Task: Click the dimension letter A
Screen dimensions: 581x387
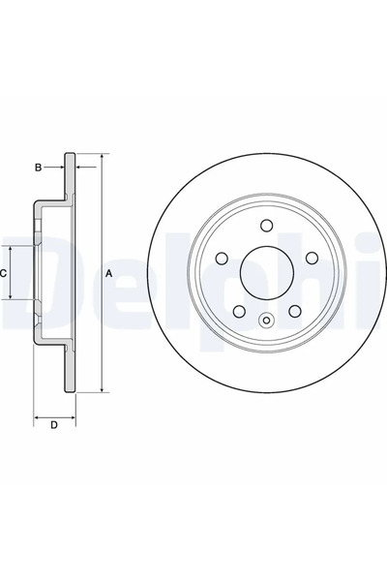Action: pyautogui.click(x=109, y=273)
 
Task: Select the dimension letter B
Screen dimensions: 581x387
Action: pyautogui.click(x=38, y=168)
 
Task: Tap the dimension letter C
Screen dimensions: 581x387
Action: pyautogui.click(x=5, y=273)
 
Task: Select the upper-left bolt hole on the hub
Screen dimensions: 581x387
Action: pyautogui.click(x=222, y=259)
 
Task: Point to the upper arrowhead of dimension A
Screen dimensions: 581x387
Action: pyautogui.click(x=100, y=157)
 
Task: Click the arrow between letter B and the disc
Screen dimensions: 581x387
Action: pyautogui.click(x=59, y=168)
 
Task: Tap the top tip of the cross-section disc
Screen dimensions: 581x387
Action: pyautogui.click(x=70, y=153)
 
